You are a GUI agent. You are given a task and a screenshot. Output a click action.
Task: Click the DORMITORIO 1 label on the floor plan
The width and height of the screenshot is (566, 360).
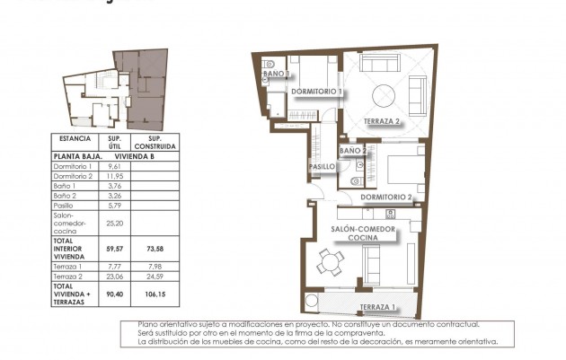(x=317, y=92)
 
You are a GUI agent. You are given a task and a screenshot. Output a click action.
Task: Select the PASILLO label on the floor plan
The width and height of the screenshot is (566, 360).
(x=322, y=167)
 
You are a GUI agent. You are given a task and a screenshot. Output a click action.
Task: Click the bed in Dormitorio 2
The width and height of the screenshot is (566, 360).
(x=394, y=169)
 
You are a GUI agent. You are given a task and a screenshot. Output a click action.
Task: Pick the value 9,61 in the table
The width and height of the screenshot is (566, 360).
(x=114, y=166)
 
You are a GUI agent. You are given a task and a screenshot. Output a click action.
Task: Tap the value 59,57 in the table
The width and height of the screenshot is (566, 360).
(x=114, y=247)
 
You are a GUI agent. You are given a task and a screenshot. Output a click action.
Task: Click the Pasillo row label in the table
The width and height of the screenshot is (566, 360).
(x=66, y=206)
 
